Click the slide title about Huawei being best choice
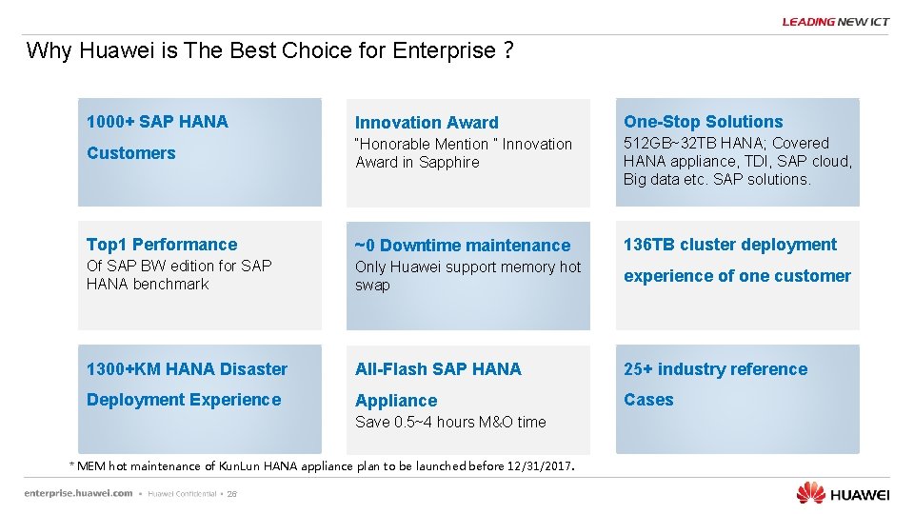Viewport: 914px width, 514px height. click(270, 50)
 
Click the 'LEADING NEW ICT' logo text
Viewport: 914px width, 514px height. click(835, 22)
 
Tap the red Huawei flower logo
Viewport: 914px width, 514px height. click(810, 492)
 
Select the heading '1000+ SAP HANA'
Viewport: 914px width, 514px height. click(157, 121)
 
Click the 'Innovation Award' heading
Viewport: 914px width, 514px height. click(427, 122)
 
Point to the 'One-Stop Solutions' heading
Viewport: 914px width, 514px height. click(703, 121)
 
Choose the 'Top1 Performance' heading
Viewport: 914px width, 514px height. click(162, 245)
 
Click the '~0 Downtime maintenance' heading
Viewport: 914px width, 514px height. click(463, 246)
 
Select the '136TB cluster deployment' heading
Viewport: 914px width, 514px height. click(730, 245)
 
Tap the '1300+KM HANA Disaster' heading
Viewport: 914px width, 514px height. click(187, 369)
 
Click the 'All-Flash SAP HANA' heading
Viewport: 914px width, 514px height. click(438, 369)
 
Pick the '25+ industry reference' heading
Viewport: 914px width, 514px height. click(715, 369)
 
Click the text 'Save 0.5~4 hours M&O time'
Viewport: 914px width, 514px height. click(450, 422)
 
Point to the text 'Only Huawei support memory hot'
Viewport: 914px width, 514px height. click(467, 267)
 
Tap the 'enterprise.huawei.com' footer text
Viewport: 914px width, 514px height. click(78, 493)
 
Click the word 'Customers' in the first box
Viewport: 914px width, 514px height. click(131, 153)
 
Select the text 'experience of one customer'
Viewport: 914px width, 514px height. click(737, 276)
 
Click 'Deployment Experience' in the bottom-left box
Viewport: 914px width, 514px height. click(184, 400)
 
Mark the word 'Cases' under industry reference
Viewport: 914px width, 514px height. click(648, 400)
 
